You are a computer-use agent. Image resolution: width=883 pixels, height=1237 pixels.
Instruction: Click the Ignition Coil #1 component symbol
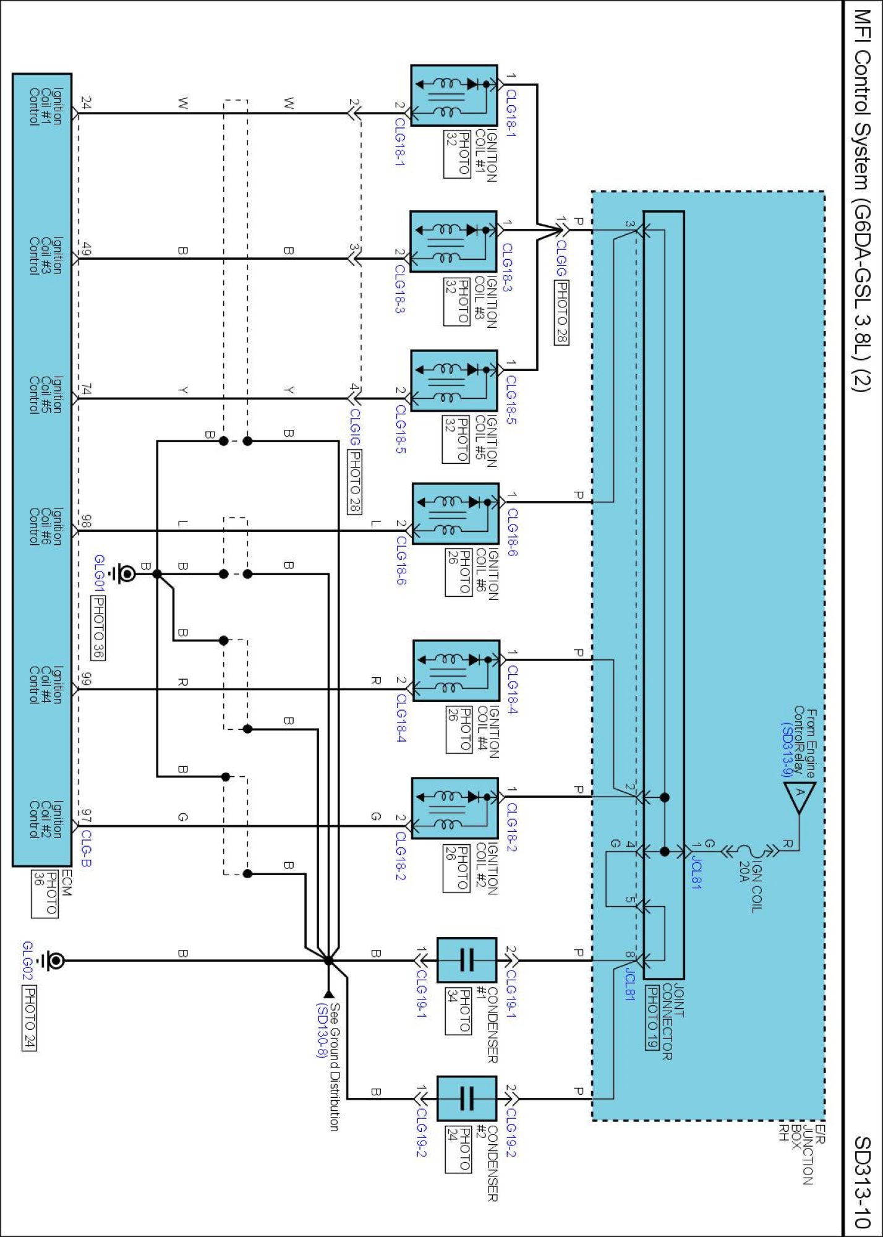pyautogui.click(x=454, y=96)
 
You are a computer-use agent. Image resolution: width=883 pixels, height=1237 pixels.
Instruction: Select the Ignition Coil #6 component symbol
pyautogui.click(x=455, y=513)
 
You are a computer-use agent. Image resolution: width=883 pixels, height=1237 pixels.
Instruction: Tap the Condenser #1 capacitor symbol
pyautogui.click(x=466, y=960)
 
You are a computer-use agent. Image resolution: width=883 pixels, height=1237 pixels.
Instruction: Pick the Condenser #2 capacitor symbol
pyautogui.click(x=466, y=1098)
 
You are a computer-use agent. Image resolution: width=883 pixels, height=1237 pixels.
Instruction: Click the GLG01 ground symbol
pyautogui.click(x=126, y=574)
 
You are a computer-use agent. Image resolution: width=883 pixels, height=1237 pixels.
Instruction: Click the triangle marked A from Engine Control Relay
pyautogui.click(x=799, y=797)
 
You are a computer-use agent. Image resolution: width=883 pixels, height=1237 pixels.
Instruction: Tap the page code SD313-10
pyautogui.click(x=862, y=1181)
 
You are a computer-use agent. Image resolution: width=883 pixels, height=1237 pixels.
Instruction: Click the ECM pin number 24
pyautogui.click(x=87, y=103)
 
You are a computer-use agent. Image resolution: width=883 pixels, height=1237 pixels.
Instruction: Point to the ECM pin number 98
pyautogui.click(x=86, y=521)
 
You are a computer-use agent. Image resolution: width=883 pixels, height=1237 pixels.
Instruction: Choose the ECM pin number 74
pyautogui.click(x=87, y=389)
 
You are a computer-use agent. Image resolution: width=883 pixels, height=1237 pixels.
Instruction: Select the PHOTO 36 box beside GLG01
pyautogui.click(x=98, y=627)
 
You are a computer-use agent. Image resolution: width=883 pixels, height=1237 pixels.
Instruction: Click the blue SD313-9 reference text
pyautogui.click(x=786, y=749)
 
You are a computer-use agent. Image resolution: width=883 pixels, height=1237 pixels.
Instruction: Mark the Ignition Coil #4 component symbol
pyautogui.click(x=456, y=670)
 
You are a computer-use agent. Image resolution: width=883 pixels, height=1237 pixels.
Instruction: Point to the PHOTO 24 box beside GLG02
pyautogui.click(x=29, y=1018)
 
